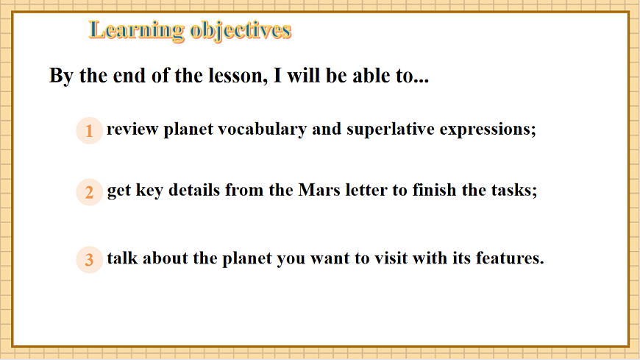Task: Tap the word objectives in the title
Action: pyautogui.click(x=241, y=30)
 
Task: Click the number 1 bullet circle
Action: pyautogui.click(x=89, y=131)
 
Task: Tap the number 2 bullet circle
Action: pyautogui.click(x=89, y=193)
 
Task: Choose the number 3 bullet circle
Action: pyautogui.click(x=89, y=260)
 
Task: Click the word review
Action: pyautogui.click(x=132, y=130)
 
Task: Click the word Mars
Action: pyautogui.click(x=316, y=190)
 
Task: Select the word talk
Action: pyautogui.click(x=121, y=258)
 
